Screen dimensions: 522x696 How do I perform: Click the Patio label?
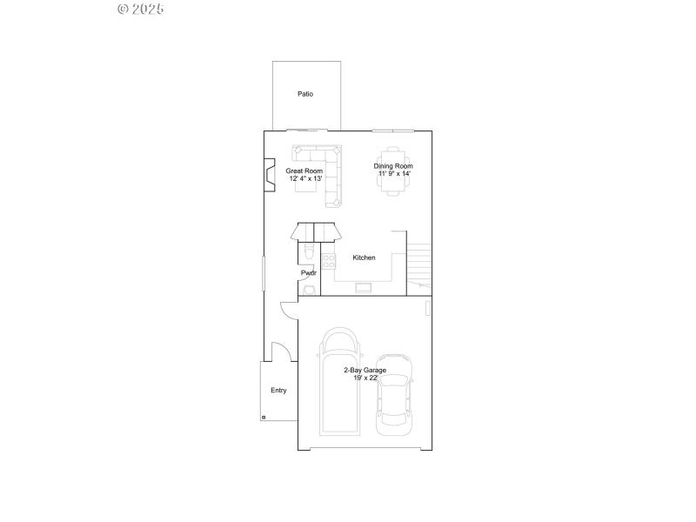pos(305,94)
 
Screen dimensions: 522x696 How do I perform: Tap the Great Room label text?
pos(304,171)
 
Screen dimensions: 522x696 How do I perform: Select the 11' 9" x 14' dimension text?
pos(393,174)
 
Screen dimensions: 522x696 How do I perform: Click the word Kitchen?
pos(364,258)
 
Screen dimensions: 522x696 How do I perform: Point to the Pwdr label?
pos(309,273)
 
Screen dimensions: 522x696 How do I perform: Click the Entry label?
pos(278,391)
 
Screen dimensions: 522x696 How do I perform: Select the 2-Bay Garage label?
pos(364,371)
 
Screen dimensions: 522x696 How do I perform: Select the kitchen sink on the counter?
pos(362,287)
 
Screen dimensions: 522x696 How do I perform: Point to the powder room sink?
pos(308,290)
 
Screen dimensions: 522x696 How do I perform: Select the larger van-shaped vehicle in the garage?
pos(341,383)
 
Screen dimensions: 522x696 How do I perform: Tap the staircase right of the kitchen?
pos(419,265)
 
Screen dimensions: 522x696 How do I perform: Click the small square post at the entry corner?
pos(264,418)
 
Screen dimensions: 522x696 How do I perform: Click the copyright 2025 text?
pos(140,10)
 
